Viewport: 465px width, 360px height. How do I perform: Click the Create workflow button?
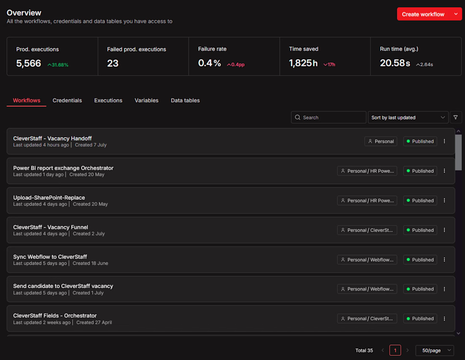pyautogui.click(x=423, y=14)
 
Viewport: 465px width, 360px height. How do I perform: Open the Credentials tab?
pyautogui.click(x=67, y=101)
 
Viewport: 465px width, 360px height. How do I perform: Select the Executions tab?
pyautogui.click(x=108, y=101)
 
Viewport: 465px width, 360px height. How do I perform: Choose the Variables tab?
pyautogui.click(x=147, y=101)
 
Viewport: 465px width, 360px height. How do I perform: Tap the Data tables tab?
pyautogui.click(x=185, y=101)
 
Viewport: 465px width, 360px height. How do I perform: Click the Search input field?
pyautogui.click(x=328, y=117)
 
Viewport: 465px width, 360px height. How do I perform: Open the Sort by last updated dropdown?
pyautogui.click(x=408, y=117)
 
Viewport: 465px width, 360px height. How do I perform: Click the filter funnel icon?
pyautogui.click(x=456, y=117)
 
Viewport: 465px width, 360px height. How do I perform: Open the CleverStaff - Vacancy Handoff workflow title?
pyautogui.click(x=52, y=139)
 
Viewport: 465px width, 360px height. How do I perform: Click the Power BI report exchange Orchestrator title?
pyautogui.click(x=63, y=168)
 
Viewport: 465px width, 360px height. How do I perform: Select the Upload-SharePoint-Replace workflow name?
pyautogui.click(x=49, y=198)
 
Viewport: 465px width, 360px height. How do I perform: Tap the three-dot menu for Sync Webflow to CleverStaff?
pyautogui.click(x=444, y=259)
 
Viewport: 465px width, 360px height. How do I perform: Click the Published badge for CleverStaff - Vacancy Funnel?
pyautogui.click(x=420, y=230)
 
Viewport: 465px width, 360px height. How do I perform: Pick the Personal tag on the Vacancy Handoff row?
pyautogui.click(x=381, y=142)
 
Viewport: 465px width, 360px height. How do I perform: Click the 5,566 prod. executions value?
pyautogui.click(x=28, y=63)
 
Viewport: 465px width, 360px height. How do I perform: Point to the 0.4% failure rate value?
pyautogui.click(x=209, y=63)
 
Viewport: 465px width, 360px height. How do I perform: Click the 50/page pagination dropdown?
pyautogui.click(x=435, y=351)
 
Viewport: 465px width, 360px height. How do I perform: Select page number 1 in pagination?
pyautogui.click(x=395, y=350)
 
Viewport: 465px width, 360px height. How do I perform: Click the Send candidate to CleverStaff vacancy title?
pyautogui.click(x=63, y=286)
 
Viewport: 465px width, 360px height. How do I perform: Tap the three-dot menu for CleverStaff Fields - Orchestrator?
pyautogui.click(x=444, y=319)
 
